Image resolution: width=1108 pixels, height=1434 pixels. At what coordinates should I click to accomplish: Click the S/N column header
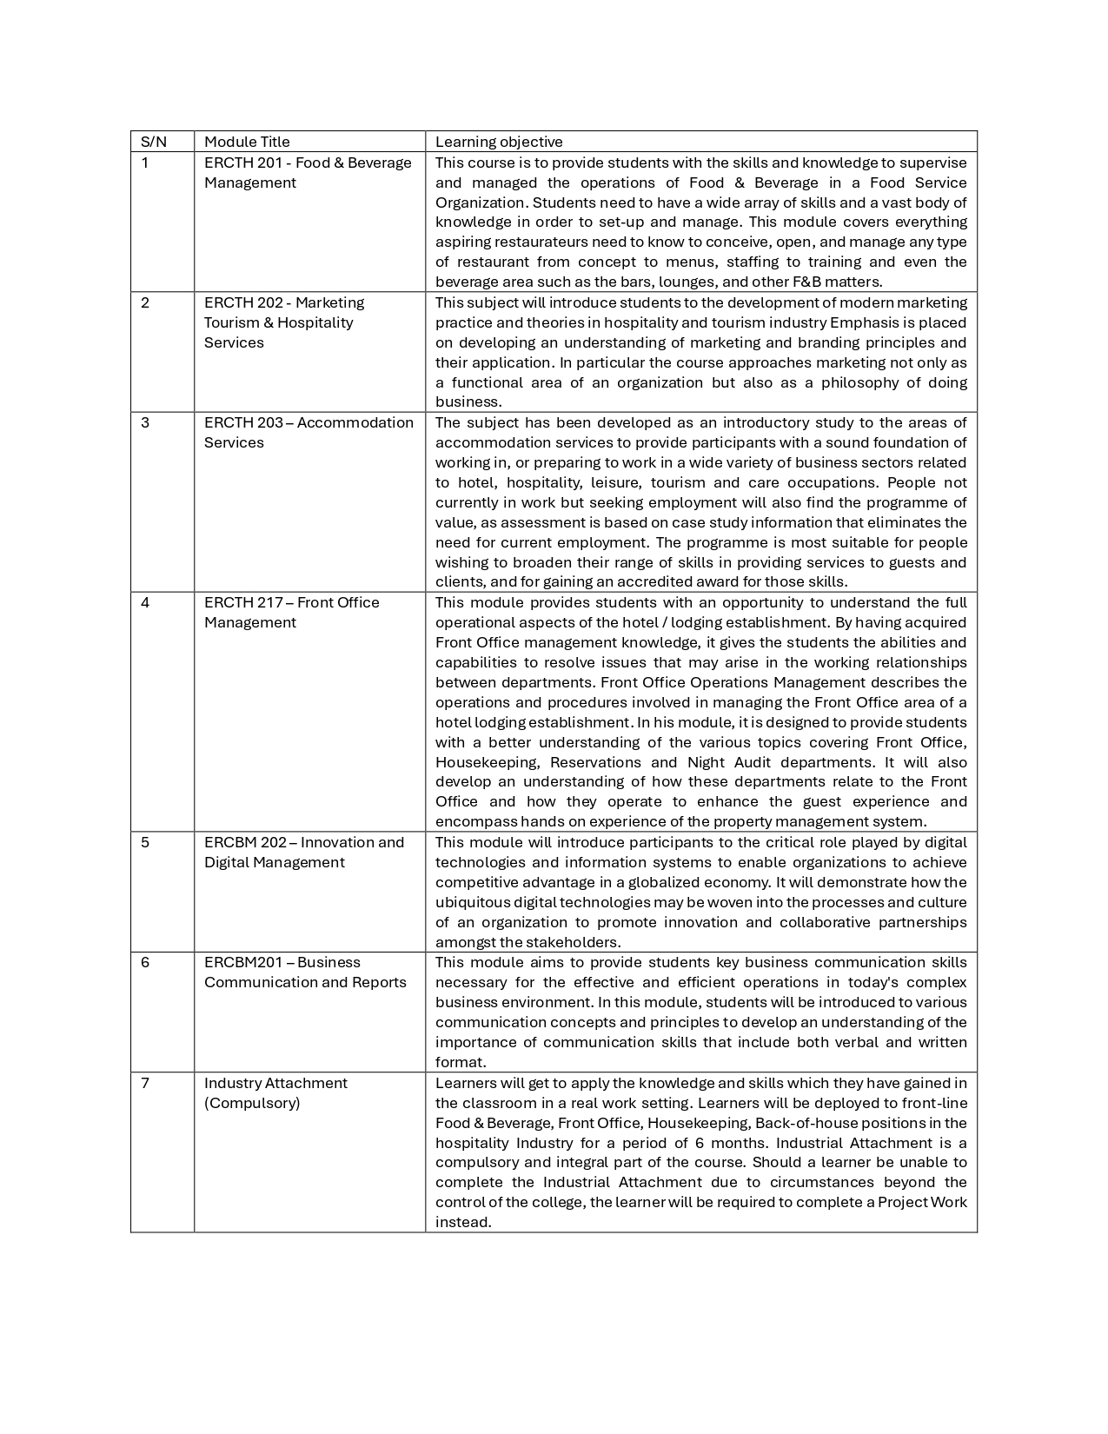(x=154, y=142)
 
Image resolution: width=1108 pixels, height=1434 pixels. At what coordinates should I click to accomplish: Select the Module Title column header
(x=247, y=142)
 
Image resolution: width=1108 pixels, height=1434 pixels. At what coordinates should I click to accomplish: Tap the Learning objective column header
(x=499, y=142)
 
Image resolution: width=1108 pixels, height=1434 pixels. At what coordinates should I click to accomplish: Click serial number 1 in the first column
(x=145, y=163)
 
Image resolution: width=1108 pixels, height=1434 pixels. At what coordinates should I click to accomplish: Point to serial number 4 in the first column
(x=145, y=602)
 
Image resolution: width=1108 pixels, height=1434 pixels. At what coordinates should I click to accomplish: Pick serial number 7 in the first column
(x=145, y=1083)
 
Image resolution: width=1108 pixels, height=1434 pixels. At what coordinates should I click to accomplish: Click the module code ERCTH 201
(x=242, y=163)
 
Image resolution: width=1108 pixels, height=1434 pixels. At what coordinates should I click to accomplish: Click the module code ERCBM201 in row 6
(x=242, y=962)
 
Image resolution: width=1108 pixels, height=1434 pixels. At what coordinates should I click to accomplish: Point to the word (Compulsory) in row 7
(x=252, y=1103)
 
